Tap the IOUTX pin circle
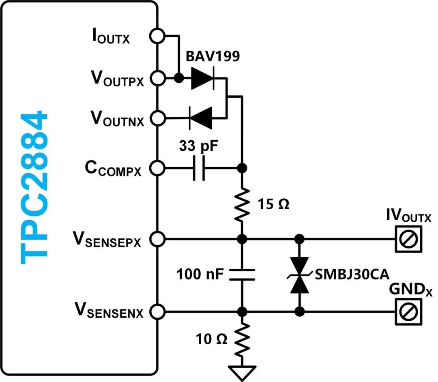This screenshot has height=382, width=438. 157,36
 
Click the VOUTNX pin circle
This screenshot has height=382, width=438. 157,118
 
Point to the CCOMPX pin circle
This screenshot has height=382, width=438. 157,167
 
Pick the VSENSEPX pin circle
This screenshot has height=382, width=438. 157,239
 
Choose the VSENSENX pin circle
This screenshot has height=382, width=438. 157,312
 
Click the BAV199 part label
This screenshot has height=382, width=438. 213,57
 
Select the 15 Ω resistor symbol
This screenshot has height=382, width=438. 242,204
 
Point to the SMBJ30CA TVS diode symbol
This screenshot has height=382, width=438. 300,276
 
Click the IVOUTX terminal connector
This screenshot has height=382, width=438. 408,239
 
